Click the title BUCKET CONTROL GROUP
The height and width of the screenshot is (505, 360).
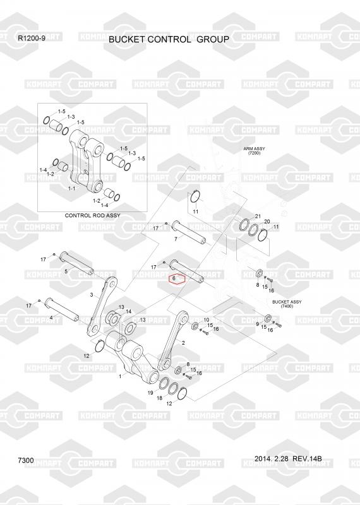click(x=169, y=40)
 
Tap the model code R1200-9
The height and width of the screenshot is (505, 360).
click(x=31, y=38)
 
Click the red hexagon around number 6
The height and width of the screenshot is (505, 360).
click(x=177, y=280)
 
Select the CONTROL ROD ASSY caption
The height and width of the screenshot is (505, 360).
click(x=92, y=215)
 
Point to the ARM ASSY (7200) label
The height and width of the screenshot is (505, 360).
click(x=254, y=151)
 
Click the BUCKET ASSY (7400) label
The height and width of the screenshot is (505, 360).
click(x=287, y=304)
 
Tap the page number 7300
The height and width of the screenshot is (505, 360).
click(x=26, y=461)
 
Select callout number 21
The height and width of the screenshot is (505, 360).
click(x=258, y=216)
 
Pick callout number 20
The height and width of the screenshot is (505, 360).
click(x=267, y=222)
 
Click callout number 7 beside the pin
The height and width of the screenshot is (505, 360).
click(x=176, y=239)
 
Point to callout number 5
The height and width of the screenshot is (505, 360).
click(x=66, y=271)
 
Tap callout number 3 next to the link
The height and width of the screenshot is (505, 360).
click(x=92, y=295)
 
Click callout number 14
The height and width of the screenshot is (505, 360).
click(x=129, y=311)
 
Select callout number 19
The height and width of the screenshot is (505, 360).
click(x=150, y=393)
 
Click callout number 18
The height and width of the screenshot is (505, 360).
click(x=160, y=398)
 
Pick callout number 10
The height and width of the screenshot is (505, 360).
click(x=207, y=320)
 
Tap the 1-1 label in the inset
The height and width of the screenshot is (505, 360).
click(x=71, y=188)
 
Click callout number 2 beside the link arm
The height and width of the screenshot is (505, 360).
click(x=183, y=343)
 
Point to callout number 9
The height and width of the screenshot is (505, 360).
click(x=258, y=324)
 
